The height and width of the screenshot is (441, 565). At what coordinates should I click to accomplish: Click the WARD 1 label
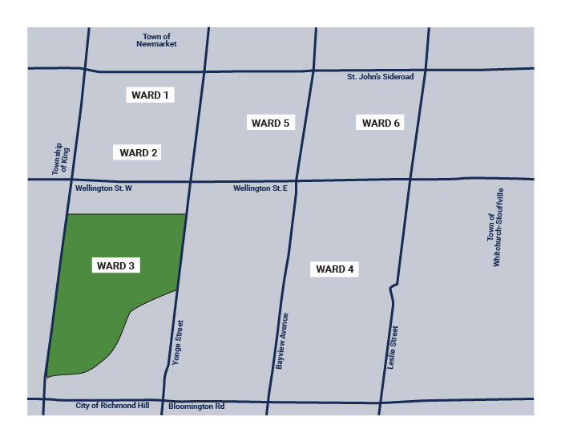[x=151, y=95]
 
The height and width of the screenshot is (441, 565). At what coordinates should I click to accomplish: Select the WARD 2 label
[x=139, y=152]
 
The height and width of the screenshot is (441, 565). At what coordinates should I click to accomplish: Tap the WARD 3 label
[x=115, y=265]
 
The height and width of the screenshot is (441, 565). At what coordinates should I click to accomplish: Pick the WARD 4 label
[x=334, y=269]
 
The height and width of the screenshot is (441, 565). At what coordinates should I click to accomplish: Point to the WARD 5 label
[x=270, y=123]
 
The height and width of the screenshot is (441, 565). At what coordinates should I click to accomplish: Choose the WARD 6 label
[x=381, y=123]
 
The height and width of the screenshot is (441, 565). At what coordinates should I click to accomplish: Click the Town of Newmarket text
[x=156, y=40]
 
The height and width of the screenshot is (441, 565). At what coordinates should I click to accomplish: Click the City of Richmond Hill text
[x=112, y=406]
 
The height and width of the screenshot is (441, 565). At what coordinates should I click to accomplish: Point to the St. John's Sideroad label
[x=380, y=77]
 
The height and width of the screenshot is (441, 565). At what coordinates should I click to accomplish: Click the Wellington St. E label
[x=265, y=188]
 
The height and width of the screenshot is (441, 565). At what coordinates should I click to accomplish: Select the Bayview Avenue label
[x=283, y=341]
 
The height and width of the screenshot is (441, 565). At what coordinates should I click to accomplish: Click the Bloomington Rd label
[x=196, y=407]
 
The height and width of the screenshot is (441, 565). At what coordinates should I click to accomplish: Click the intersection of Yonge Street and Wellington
[x=190, y=181]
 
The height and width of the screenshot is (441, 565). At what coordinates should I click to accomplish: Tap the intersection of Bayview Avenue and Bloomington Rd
[x=268, y=399]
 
